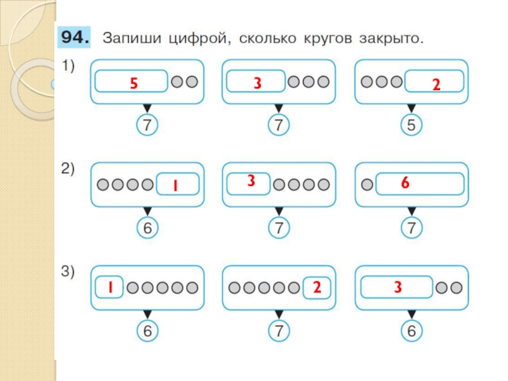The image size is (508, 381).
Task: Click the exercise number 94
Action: [x=76, y=38]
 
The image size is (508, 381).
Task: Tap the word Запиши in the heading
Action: [x=129, y=39]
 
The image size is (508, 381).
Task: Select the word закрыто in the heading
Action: [x=390, y=39]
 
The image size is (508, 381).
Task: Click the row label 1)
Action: [x=67, y=67]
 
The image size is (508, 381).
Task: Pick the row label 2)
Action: [x=68, y=170]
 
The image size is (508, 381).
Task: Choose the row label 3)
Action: [x=68, y=273]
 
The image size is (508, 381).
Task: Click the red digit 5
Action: [x=133, y=83]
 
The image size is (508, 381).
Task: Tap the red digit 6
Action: [x=404, y=184]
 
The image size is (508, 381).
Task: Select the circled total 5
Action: [x=411, y=126]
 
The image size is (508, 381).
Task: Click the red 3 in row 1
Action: [x=258, y=83]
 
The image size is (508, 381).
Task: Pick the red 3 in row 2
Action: [x=251, y=181]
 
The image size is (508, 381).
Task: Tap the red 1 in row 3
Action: [x=109, y=288]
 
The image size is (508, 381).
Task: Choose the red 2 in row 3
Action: [x=316, y=288]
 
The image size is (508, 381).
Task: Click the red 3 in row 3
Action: [x=397, y=288]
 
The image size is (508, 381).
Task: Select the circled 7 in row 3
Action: [x=277, y=331]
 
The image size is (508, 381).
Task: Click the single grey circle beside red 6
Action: [x=367, y=185]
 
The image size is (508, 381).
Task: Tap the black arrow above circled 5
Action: [x=411, y=109]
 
